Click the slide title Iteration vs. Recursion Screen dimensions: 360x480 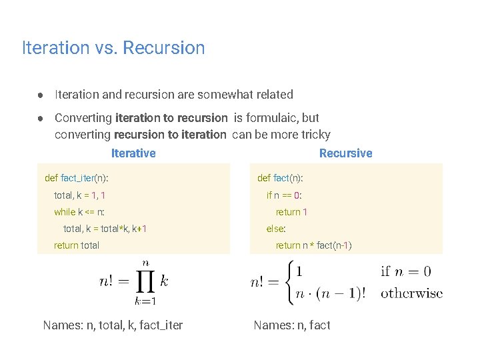(x=113, y=48)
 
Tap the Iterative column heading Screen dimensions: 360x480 (x=133, y=153)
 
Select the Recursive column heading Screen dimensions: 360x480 (x=345, y=153)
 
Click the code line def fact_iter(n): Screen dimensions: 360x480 (x=77, y=178)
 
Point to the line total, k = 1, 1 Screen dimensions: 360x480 (x=79, y=195)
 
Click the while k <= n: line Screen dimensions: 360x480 (x=79, y=212)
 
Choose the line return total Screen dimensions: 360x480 (x=77, y=245)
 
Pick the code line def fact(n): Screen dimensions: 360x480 (x=280, y=178)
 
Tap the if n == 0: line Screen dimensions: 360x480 (x=284, y=195)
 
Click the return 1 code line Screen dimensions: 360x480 (x=291, y=212)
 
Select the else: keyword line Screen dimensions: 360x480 (x=276, y=229)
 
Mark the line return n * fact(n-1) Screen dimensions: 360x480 (x=313, y=245)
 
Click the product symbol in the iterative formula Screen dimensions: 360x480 (x=145, y=282)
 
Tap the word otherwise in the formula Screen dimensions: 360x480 (x=411, y=293)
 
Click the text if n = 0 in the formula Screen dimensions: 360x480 (x=405, y=271)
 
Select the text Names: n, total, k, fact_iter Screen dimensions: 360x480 (x=113, y=325)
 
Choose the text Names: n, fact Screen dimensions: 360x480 (x=292, y=325)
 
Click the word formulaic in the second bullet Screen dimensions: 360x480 (x=272, y=118)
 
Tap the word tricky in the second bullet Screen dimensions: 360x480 (x=315, y=135)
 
